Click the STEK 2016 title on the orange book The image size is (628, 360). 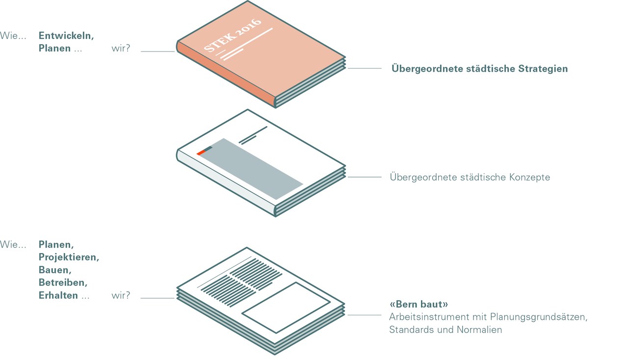point(233,35)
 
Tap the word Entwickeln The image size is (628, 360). point(66,36)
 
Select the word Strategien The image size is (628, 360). point(543,69)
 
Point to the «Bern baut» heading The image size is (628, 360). point(419,304)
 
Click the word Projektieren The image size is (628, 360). point(69,257)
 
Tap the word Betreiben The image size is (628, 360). point(63,283)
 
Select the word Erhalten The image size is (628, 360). point(58,295)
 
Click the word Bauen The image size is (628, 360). point(55,270)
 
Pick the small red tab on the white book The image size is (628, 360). point(201,153)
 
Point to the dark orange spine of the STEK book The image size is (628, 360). point(226,75)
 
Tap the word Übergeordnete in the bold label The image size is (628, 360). point(427,69)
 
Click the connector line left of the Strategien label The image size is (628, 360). point(365,68)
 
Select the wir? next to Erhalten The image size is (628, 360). point(121,295)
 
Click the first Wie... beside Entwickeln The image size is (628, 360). point(13,36)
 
